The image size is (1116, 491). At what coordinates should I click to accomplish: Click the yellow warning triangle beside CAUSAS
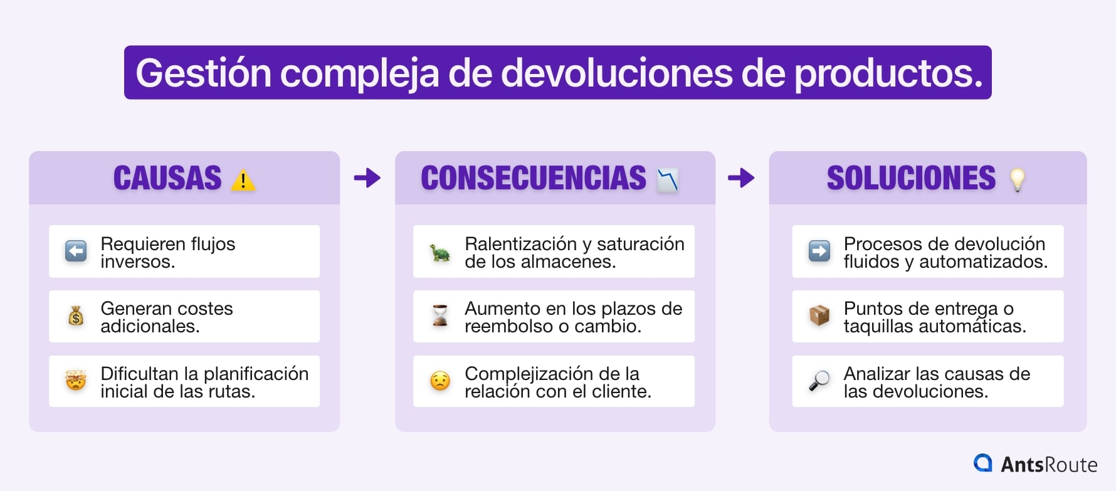click(x=243, y=181)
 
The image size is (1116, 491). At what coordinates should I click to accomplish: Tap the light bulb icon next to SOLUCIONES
click(x=1017, y=180)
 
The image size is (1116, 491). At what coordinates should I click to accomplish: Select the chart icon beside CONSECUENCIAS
click(x=668, y=181)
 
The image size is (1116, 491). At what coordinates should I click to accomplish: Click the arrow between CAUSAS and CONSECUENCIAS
click(x=367, y=178)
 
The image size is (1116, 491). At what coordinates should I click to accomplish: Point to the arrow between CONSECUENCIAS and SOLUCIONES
click(x=741, y=178)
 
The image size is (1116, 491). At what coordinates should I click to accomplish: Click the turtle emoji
click(x=440, y=253)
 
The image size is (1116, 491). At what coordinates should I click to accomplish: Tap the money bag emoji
click(x=76, y=316)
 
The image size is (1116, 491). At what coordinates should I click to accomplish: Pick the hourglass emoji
click(x=440, y=315)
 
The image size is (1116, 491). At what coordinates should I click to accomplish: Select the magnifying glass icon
click(x=819, y=380)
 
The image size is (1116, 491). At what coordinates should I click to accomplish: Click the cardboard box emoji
click(x=819, y=315)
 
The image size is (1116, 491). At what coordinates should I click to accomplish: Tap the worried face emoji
click(x=440, y=381)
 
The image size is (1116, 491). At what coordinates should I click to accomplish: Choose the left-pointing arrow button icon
click(x=76, y=251)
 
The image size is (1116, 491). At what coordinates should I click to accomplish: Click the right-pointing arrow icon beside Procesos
click(x=819, y=251)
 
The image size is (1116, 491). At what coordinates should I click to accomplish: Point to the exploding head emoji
click(x=76, y=380)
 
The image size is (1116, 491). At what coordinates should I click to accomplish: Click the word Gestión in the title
click(x=203, y=73)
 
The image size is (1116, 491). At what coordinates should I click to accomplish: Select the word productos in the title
click(x=887, y=73)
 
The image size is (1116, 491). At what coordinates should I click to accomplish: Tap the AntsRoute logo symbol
click(x=982, y=463)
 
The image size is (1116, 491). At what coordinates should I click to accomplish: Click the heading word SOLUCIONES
click(x=911, y=178)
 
